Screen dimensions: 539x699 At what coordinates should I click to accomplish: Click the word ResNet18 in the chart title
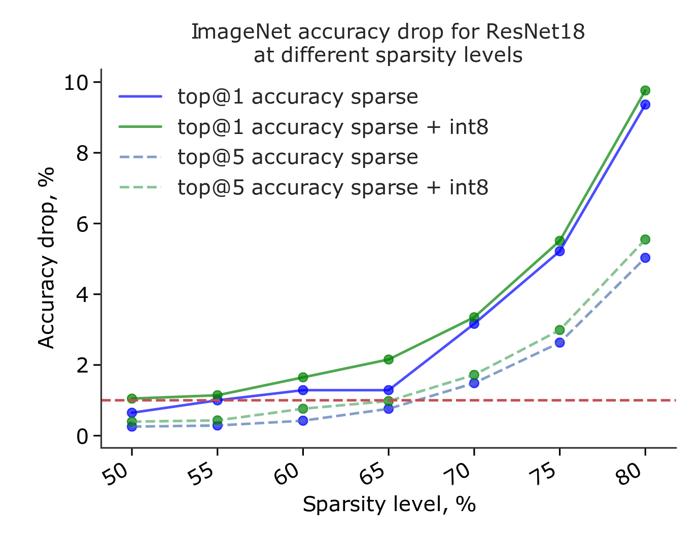coord(535,32)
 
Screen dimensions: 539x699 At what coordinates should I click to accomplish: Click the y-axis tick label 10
coord(76,82)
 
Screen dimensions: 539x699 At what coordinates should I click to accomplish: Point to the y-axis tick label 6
coord(82,224)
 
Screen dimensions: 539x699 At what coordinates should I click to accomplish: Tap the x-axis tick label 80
coord(632,476)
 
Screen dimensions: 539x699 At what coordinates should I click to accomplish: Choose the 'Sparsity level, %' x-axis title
coord(389,505)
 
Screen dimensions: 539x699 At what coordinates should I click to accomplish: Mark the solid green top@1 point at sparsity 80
coord(645,91)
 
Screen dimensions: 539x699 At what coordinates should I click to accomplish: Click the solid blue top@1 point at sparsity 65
coord(389,390)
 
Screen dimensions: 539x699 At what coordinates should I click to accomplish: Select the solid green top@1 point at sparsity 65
coord(389,359)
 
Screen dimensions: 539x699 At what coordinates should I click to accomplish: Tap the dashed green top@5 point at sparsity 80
coord(645,240)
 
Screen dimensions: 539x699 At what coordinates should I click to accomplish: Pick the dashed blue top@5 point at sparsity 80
coord(645,258)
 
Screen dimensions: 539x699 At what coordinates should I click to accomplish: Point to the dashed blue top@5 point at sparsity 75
coord(560,343)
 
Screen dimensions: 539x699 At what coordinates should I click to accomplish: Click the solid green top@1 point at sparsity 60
coord(303,377)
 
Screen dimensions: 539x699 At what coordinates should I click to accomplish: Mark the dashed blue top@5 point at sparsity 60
coord(303,421)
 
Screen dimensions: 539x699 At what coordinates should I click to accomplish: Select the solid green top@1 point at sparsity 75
coord(560,241)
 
